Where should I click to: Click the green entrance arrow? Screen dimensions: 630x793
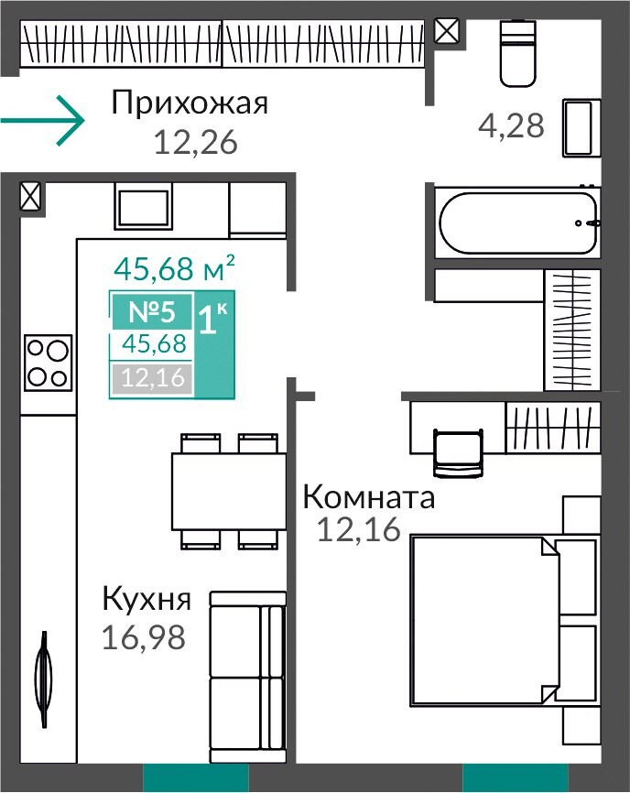pyautogui.click(x=42, y=120)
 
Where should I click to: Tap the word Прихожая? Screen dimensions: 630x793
pyautogui.click(x=190, y=103)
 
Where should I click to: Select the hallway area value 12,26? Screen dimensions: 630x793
pyautogui.click(x=195, y=142)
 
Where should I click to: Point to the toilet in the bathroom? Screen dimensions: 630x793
pyautogui.click(x=517, y=53)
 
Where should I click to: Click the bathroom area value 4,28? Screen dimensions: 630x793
pyautogui.click(x=511, y=125)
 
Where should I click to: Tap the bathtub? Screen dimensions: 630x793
pyautogui.click(x=517, y=223)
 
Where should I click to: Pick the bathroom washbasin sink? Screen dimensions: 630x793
pyautogui.click(x=581, y=127)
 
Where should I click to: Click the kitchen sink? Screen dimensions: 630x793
pyautogui.click(x=143, y=207)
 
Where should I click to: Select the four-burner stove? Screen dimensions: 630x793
pyautogui.click(x=48, y=363)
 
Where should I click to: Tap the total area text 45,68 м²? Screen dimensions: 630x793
pyautogui.click(x=174, y=268)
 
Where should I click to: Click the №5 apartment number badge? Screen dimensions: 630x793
pyautogui.click(x=152, y=311)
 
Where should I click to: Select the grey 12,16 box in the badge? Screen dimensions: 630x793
pyautogui.click(x=152, y=378)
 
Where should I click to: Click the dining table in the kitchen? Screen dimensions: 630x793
pyautogui.click(x=229, y=491)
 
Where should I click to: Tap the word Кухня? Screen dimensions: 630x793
pyautogui.click(x=147, y=599)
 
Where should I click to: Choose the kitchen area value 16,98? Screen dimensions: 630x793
pyautogui.click(x=144, y=637)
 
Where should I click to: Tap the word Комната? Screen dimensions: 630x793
pyautogui.click(x=369, y=496)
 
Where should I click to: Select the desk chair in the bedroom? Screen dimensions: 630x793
pyautogui.click(x=458, y=452)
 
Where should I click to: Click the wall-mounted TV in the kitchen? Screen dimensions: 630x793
pyautogui.click(x=45, y=679)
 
